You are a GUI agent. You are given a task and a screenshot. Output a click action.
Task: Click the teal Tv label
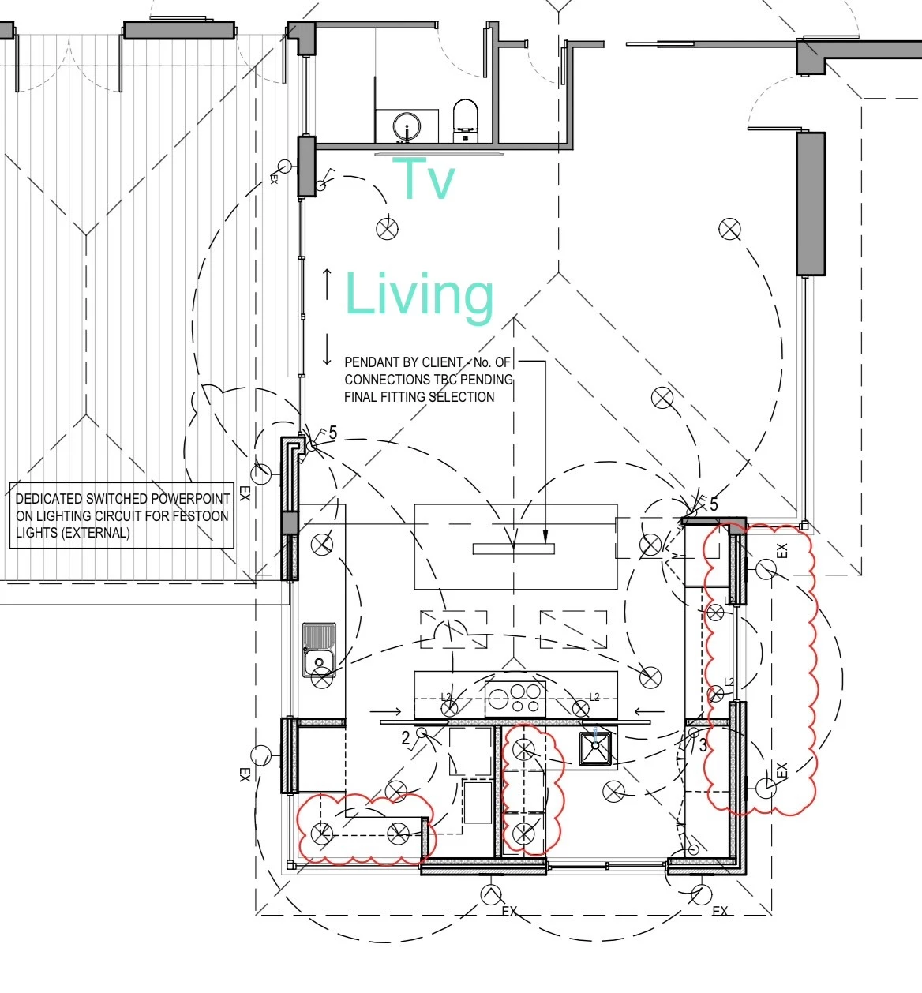point(424,178)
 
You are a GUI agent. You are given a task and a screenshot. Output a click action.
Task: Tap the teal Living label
point(419,297)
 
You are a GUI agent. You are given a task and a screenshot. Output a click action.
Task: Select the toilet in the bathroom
point(465,121)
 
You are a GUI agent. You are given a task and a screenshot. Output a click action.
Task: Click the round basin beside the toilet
point(407,126)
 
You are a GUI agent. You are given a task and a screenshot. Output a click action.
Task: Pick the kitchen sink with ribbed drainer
point(319,650)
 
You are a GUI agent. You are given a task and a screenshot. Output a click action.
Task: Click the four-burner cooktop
point(515,698)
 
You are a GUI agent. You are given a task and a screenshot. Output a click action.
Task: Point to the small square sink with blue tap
point(595,748)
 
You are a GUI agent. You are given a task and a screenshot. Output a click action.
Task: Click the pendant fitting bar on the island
point(513,549)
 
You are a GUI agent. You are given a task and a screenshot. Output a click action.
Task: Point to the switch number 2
point(406,738)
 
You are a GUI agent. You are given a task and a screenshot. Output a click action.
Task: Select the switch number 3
point(703,745)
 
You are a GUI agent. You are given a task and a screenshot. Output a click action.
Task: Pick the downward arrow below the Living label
point(327,349)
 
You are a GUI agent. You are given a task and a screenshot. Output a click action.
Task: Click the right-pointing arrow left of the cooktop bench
point(386,711)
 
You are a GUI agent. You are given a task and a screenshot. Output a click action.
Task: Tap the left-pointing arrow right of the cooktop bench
point(649,711)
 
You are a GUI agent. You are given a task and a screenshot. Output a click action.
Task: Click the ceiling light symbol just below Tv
point(387,229)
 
